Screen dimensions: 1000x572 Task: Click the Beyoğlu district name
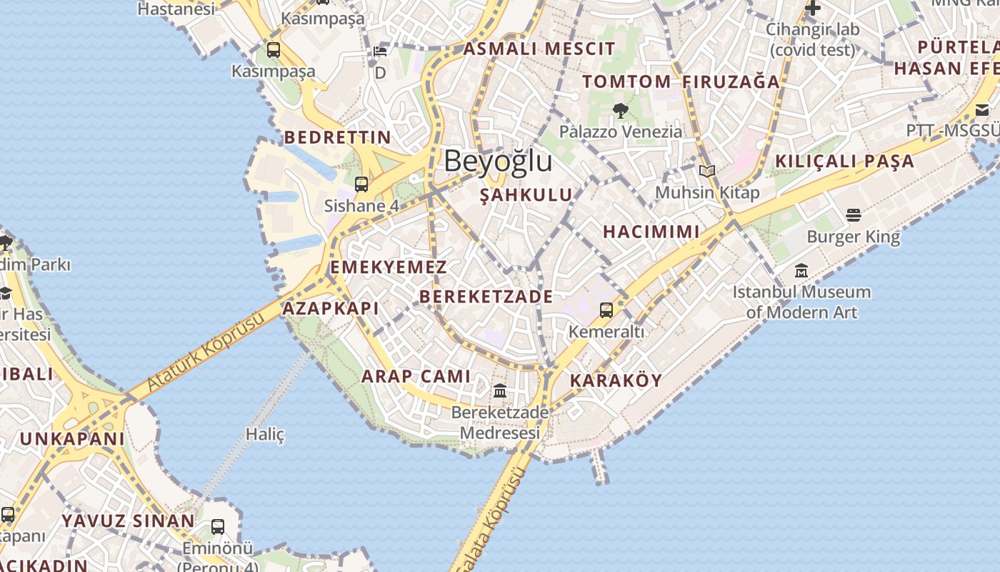498,161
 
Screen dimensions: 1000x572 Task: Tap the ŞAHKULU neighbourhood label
526,195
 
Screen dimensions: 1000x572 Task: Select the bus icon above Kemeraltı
606,310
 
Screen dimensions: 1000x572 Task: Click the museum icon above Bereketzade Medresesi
500,391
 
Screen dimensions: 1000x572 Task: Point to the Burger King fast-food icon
854,214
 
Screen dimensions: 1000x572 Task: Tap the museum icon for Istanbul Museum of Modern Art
801,271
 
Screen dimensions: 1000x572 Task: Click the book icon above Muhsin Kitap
707,171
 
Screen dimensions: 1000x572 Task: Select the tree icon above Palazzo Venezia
620,110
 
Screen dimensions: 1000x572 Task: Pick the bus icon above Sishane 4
361,184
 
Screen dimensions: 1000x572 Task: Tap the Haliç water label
265,434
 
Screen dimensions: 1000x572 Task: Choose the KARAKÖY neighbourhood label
616,380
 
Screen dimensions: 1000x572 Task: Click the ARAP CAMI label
416,376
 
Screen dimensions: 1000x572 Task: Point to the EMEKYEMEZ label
388,267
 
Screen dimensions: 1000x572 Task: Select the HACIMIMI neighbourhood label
651,232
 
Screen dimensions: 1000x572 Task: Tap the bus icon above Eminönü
218,527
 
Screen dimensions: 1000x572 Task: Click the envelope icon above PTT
982,109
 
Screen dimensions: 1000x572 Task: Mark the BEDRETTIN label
338,137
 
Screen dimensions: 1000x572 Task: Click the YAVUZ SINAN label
128,521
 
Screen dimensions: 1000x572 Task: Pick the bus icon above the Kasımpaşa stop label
274,50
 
